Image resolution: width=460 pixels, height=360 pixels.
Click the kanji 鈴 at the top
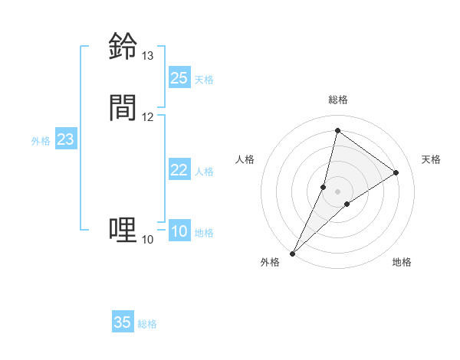(x=123, y=46)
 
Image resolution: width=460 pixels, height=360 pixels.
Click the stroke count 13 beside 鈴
(x=147, y=56)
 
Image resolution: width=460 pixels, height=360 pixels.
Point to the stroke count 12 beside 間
(x=147, y=116)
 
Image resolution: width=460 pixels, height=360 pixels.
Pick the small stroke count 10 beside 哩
(x=147, y=240)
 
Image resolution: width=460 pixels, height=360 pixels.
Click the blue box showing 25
(x=179, y=77)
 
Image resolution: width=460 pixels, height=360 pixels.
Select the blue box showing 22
(x=179, y=170)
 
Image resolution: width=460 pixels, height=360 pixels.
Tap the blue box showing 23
(x=66, y=139)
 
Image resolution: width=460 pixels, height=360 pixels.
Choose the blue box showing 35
(x=123, y=322)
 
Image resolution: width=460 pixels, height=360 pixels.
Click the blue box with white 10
(x=179, y=231)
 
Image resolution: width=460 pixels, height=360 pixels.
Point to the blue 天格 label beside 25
(x=204, y=80)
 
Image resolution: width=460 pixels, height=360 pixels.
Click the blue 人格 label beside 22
(x=204, y=172)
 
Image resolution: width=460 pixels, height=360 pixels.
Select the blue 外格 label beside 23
(x=41, y=141)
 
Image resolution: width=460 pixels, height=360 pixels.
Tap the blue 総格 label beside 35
(x=147, y=324)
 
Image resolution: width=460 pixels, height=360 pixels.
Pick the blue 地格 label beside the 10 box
(x=204, y=233)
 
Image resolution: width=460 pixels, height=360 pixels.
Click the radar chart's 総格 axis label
(x=338, y=100)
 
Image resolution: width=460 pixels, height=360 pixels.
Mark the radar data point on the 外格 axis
(x=292, y=253)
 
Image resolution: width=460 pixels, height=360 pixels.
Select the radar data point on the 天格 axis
(x=396, y=172)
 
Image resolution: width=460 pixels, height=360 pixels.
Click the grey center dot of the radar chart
(x=338, y=191)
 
